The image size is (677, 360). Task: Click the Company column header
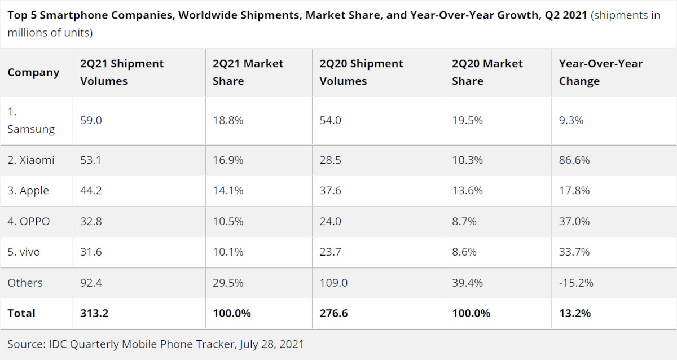[33, 73]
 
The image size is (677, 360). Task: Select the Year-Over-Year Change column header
[600, 73]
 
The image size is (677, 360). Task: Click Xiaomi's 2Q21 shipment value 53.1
[91, 160]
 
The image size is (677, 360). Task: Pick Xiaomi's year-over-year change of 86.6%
[574, 160]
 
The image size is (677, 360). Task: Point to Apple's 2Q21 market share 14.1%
[228, 191]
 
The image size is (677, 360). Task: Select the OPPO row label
[29, 222]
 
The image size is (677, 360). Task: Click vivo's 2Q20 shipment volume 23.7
[330, 252]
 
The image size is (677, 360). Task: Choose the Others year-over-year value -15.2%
[576, 283]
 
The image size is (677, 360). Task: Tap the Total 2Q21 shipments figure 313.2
[94, 313]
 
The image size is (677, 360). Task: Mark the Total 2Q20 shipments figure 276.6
[333, 313]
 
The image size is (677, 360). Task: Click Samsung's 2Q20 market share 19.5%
[468, 121]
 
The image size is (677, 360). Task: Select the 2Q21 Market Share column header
[248, 73]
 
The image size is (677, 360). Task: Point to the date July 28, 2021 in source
[271, 344]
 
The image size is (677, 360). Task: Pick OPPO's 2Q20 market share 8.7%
[464, 222]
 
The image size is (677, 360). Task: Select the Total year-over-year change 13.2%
[575, 313]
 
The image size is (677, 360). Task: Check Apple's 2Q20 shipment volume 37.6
[331, 191]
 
